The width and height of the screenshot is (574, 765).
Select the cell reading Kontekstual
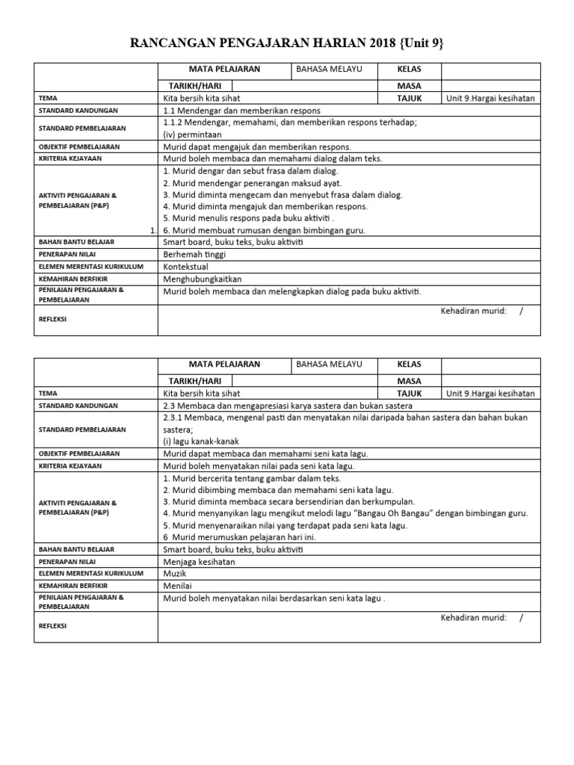tap(186, 266)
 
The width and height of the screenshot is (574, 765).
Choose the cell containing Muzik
tap(174, 574)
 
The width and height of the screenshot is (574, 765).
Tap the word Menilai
tap(177, 586)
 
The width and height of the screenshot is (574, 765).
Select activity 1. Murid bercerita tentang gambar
tap(251, 477)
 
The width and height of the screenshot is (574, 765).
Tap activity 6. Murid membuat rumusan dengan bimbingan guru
tap(264, 230)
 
